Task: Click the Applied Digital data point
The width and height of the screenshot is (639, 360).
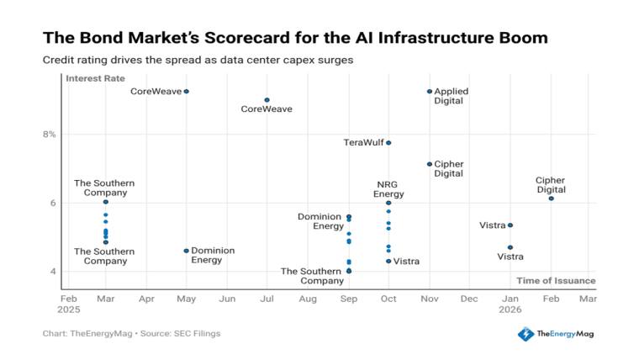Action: pos(430,92)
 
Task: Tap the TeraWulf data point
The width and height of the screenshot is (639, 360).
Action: pos(388,143)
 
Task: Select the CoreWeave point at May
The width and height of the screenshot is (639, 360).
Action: pos(187,92)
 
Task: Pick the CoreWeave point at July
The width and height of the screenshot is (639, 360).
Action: pos(267,100)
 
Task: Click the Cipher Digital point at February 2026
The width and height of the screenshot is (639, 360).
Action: pos(551,199)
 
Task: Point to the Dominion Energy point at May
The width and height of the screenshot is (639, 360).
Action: pos(187,251)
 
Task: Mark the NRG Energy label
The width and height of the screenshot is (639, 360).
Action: pos(388,188)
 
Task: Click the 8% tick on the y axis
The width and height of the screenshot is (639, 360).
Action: pos(50,135)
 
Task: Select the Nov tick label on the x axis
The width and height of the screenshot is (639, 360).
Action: pos(430,299)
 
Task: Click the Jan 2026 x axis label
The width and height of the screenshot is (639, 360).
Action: pos(510,304)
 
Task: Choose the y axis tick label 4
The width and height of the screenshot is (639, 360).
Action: pos(52,272)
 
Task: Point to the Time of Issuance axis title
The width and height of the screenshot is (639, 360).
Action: pos(555,281)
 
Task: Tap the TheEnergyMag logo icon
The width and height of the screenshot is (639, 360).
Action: pos(525,334)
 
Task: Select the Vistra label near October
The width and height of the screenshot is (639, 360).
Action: pos(407,262)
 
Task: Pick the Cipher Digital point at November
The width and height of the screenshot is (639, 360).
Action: pos(430,164)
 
